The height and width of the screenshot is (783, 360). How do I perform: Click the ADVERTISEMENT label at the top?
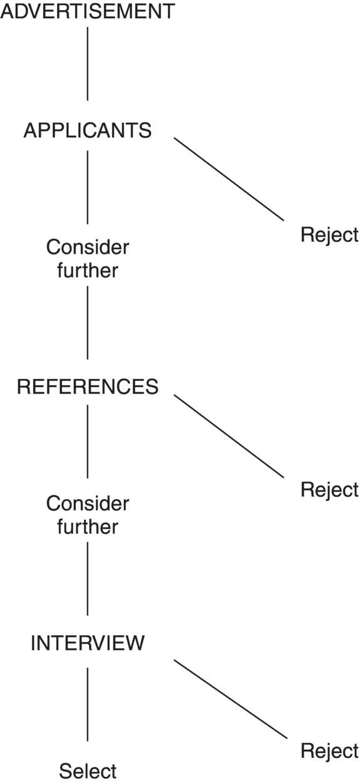(87, 11)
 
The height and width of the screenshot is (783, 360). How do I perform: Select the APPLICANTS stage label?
(87, 130)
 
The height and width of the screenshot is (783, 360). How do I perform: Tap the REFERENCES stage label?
(87, 387)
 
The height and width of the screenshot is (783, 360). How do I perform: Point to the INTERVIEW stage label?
(87, 643)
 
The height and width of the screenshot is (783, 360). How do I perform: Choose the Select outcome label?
(88, 770)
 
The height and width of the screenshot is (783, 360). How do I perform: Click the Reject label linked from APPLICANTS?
(329, 235)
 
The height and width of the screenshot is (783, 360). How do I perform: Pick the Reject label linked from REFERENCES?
(329, 489)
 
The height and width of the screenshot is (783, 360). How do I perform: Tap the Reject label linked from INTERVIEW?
(329, 750)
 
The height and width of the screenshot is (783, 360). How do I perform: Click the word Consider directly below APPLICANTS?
(87, 247)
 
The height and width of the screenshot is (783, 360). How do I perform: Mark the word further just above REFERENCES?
(87, 271)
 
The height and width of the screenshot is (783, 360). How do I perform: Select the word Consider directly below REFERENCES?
(87, 504)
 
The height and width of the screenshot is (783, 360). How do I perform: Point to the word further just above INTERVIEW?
(87, 527)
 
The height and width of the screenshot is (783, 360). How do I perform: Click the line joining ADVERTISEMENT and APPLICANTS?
(87, 63)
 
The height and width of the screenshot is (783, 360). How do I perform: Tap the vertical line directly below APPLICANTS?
(87, 187)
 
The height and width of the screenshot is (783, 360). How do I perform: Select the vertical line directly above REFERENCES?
(87, 322)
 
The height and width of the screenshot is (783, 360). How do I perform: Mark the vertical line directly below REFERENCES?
(87, 441)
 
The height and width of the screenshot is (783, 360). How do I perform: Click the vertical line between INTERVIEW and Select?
(87, 704)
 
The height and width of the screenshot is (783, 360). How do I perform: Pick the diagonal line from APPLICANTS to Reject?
(229, 179)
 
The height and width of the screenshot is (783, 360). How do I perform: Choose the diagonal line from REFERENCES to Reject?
(229, 435)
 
